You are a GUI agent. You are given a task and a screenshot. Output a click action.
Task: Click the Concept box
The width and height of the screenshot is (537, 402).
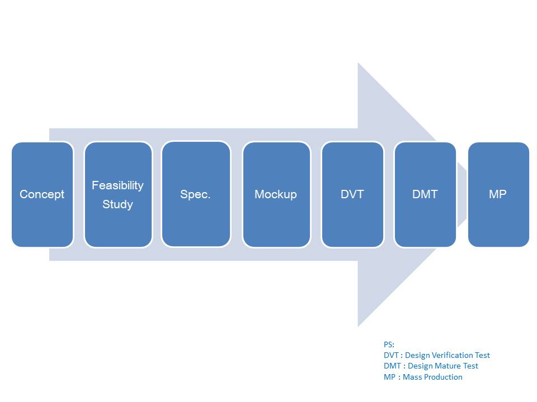(43, 194)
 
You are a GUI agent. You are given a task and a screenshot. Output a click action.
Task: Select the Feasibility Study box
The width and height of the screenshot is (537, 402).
(118, 194)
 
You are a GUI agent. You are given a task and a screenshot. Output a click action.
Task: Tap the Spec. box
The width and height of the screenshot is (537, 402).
(196, 194)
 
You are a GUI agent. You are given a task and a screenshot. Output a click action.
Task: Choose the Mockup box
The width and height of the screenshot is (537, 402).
(276, 194)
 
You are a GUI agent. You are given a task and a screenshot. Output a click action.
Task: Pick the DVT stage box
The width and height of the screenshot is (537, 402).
(352, 194)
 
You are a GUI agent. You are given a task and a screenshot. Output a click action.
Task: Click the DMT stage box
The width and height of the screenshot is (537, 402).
(425, 194)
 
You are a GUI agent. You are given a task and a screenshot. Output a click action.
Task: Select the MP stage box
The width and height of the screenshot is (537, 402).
(498, 194)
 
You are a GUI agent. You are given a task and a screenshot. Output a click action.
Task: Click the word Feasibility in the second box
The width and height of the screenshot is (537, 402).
(118, 185)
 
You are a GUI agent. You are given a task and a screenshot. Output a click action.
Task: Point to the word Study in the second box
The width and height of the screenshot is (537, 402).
(118, 204)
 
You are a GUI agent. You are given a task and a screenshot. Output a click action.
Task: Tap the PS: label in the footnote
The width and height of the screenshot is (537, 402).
(389, 344)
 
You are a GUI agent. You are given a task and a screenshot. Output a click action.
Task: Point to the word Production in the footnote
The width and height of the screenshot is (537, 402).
(442, 377)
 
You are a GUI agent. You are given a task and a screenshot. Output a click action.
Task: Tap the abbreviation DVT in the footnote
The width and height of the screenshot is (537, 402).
(392, 355)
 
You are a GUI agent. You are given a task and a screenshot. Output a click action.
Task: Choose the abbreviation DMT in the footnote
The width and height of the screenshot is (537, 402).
(392, 366)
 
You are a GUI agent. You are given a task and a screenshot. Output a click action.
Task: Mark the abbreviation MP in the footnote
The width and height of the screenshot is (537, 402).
(390, 377)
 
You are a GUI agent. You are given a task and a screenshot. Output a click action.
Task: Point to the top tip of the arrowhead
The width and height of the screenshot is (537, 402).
(359, 64)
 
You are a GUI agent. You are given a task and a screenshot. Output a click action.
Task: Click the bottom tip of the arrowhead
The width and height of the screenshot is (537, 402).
(359, 326)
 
